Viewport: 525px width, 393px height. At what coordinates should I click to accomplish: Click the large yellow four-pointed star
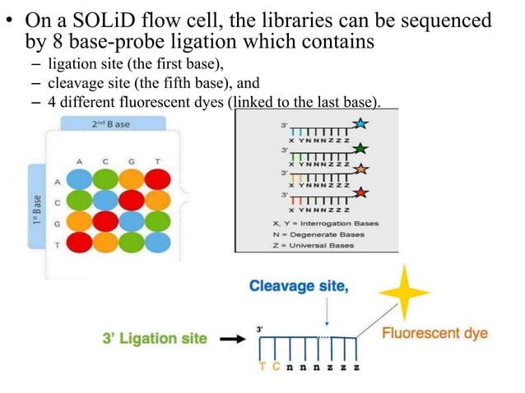click(403, 292)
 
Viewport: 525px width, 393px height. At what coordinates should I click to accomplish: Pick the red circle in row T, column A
click(79, 242)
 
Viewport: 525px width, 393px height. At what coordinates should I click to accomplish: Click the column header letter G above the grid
click(132, 161)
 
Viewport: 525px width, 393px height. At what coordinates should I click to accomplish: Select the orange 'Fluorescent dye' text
click(435, 333)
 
